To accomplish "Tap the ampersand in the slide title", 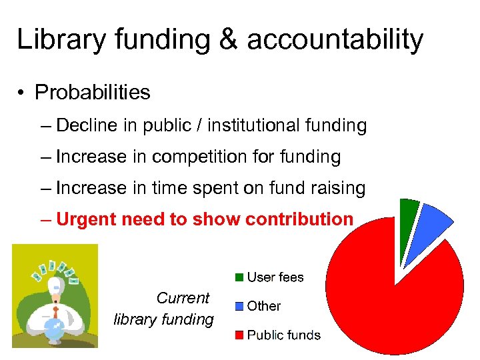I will tap(228, 40).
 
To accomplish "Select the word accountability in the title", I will tap(335, 40).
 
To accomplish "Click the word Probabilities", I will tap(93, 93).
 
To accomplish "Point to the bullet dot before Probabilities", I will tap(23, 93).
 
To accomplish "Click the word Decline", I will tap(87, 125).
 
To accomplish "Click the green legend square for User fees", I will tap(238, 277).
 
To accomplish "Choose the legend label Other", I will tap(264, 306).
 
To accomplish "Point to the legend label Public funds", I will tap(283, 335).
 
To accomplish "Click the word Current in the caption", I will tap(183, 298).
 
